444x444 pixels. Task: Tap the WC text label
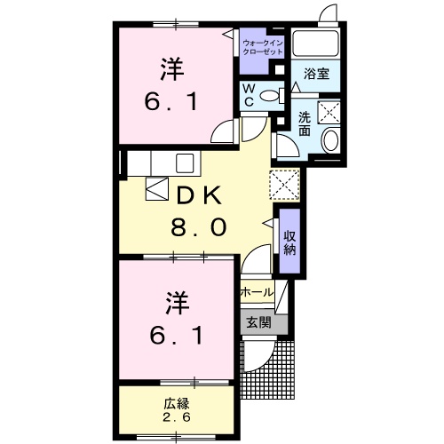click(250, 94)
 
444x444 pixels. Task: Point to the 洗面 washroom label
click(304, 123)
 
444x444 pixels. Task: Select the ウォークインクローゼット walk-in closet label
click(264, 47)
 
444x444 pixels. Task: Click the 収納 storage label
click(289, 241)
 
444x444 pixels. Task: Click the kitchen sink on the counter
click(184, 163)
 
